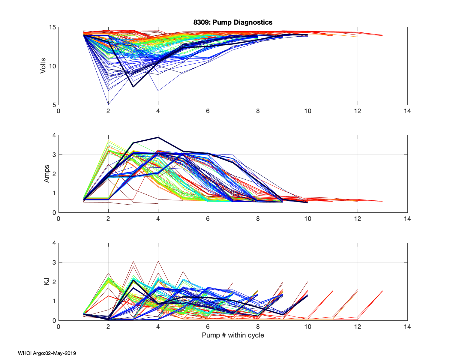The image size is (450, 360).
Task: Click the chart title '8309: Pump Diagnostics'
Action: click(x=233, y=22)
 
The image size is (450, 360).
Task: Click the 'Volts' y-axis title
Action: click(x=43, y=66)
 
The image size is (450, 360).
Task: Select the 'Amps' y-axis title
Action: click(x=46, y=174)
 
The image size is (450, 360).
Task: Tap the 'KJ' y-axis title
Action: click(x=46, y=281)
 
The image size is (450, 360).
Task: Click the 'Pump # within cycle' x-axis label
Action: click(x=233, y=335)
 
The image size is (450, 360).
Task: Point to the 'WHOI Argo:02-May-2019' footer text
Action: click(x=47, y=353)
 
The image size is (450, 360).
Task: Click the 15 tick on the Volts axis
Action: click(x=52, y=28)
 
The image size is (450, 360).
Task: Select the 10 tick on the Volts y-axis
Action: click(x=52, y=66)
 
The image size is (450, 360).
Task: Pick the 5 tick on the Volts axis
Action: click(x=54, y=105)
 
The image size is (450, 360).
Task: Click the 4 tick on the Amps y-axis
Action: click(x=54, y=135)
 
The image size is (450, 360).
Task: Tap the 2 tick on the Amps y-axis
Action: click(x=54, y=174)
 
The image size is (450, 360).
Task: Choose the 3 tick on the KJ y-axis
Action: click(x=54, y=262)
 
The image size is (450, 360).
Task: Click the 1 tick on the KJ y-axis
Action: click(x=54, y=301)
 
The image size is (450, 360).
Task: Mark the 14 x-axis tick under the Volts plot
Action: click(x=407, y=111)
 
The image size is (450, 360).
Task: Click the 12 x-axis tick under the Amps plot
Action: click(x=357, y=219)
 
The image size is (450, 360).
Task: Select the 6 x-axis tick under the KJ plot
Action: click(x=208, y=327)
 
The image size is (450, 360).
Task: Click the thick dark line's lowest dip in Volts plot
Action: click(x=133, y=87)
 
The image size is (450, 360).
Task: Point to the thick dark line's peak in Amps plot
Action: click(x=158, y=137)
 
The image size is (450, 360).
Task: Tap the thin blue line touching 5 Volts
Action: click(x=108, y=104)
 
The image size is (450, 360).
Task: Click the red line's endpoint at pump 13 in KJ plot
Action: click(x=382, y=291)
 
